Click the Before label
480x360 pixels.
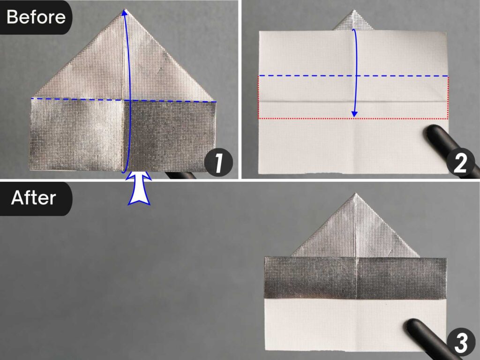pos(36,17)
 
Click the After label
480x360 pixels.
pos(33,198)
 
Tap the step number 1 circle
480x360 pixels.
pos(218,164)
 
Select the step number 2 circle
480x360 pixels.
pos(461,164)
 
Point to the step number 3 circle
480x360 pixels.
pos(461,345)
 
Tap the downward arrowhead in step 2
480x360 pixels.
pos(354,113)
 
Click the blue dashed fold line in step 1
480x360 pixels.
pos(75,99)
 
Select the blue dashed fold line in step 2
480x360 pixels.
pos(305,75)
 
